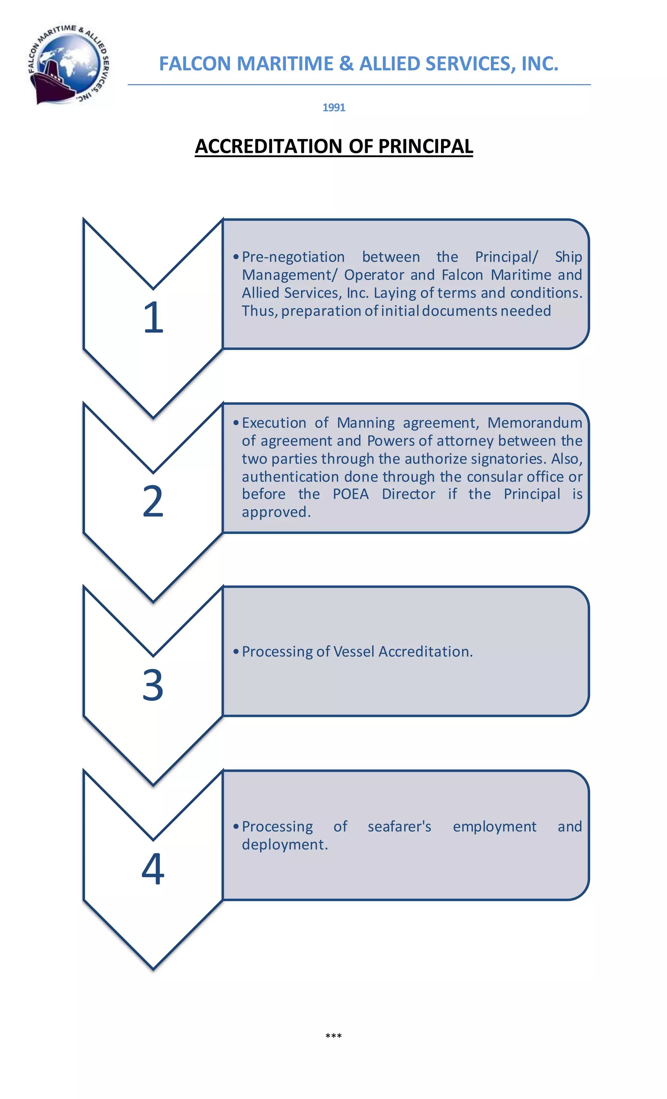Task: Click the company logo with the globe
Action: point(69,64)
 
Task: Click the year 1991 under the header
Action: point(333,108)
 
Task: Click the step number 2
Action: point(153,501)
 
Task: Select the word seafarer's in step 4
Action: point(400,827)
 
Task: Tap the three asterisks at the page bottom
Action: point(333,1036)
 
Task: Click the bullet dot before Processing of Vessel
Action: point(236,652)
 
